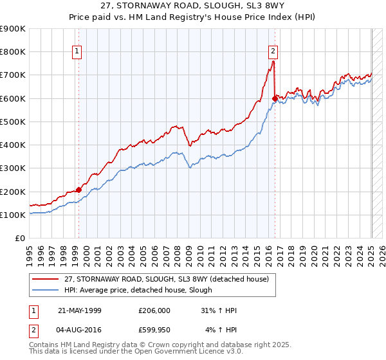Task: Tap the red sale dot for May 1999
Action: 78,190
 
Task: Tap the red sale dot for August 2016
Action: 275,98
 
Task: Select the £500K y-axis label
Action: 13,122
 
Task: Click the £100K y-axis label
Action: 13,215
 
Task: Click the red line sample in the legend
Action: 45,278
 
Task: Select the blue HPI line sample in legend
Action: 45,290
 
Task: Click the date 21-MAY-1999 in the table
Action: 80,310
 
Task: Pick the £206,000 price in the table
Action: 154,310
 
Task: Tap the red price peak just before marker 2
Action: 273,62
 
